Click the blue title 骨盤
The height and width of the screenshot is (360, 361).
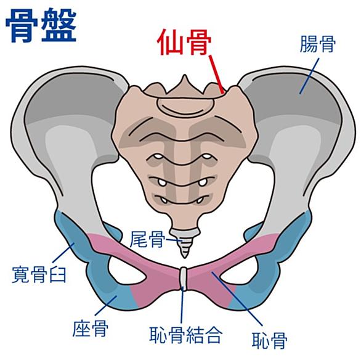tap(41, 27)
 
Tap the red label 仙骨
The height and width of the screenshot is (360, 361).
tap(184, 42)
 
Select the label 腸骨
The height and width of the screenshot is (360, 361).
tap(317, 44)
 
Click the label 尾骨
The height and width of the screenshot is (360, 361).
tap(148, 239)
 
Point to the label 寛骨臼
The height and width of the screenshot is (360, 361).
tap(39, 274)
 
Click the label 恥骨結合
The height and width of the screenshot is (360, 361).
tap(186, 334)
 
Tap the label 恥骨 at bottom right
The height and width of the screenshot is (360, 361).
tap(270, 340)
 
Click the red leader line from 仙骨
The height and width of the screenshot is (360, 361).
tap(216, 74)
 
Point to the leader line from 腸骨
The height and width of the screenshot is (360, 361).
tap(309, 76)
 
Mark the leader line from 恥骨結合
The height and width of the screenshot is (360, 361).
tap(182, 305)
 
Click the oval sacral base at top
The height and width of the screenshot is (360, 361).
tap(185, 105)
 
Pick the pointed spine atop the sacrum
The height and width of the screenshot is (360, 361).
tap(184, 85)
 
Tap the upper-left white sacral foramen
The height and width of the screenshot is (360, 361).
tap(158, 157)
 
